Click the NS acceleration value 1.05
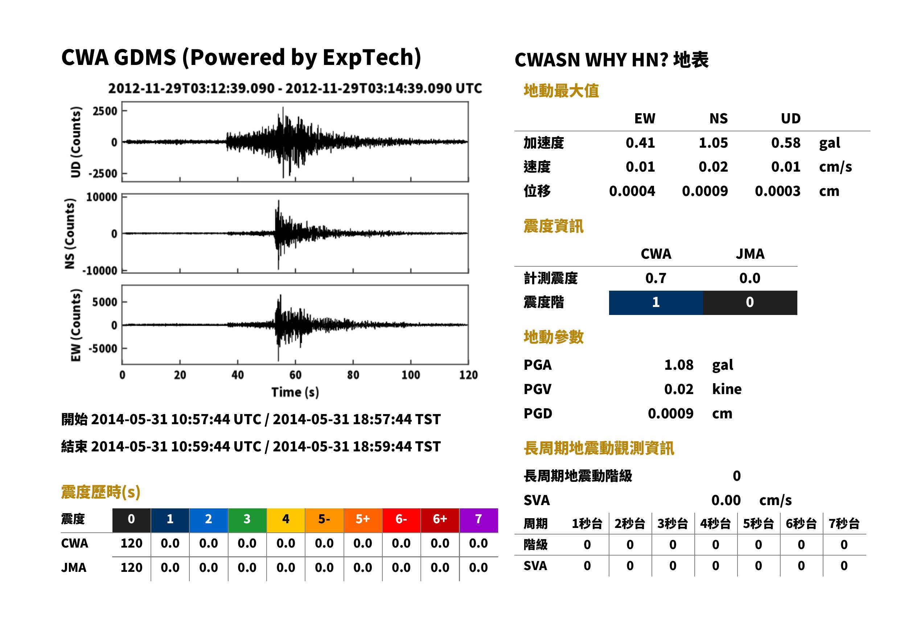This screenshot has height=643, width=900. click(713, 143)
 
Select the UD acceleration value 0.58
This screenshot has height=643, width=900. click(786, 143)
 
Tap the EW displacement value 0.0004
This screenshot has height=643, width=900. click(632, 191)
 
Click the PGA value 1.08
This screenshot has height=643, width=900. click(679, 365)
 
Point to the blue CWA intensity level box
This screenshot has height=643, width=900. click(656, 303)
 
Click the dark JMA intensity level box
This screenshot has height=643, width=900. click(750, 303)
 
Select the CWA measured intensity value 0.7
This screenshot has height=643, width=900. click(656, 278)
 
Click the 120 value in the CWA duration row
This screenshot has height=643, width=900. click(131, 543)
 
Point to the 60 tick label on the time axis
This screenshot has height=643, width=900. click(295, 375)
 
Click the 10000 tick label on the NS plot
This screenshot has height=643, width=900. click(102, 197)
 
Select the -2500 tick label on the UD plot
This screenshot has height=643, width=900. click(103, 173)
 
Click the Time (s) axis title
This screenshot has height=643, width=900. click(295, 392)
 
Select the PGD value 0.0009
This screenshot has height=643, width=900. click(670, 413)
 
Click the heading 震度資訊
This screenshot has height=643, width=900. click(553, 226)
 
